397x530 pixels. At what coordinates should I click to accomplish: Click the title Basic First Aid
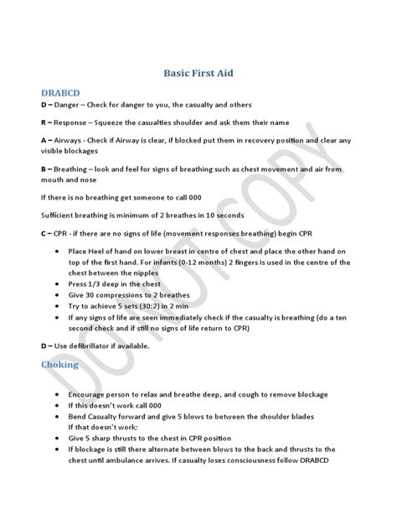pos(198,73)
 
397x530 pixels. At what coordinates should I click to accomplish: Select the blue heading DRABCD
pos(62,91)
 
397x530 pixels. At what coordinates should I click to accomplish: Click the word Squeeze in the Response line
pos(117,122)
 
